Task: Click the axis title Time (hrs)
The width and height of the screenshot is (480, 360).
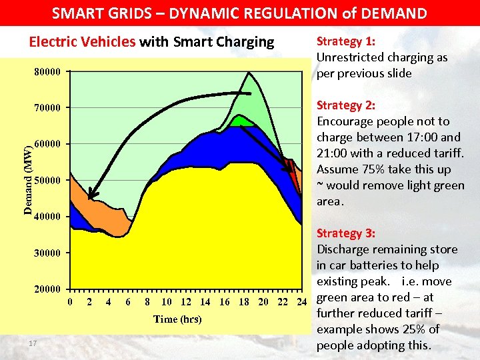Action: click(177, 319)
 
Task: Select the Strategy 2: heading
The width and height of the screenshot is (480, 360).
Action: click(345, 105)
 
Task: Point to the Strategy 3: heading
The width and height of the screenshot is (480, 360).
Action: click(345, 233)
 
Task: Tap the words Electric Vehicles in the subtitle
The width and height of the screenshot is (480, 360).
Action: click(82, 42)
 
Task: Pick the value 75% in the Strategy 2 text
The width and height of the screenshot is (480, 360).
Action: click(371, 169)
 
